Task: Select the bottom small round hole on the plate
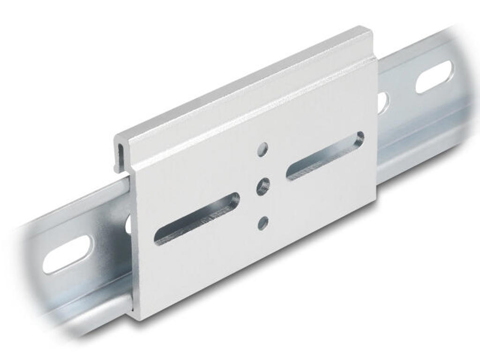263,223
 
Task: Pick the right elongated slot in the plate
325,156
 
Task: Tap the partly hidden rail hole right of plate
382,102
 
